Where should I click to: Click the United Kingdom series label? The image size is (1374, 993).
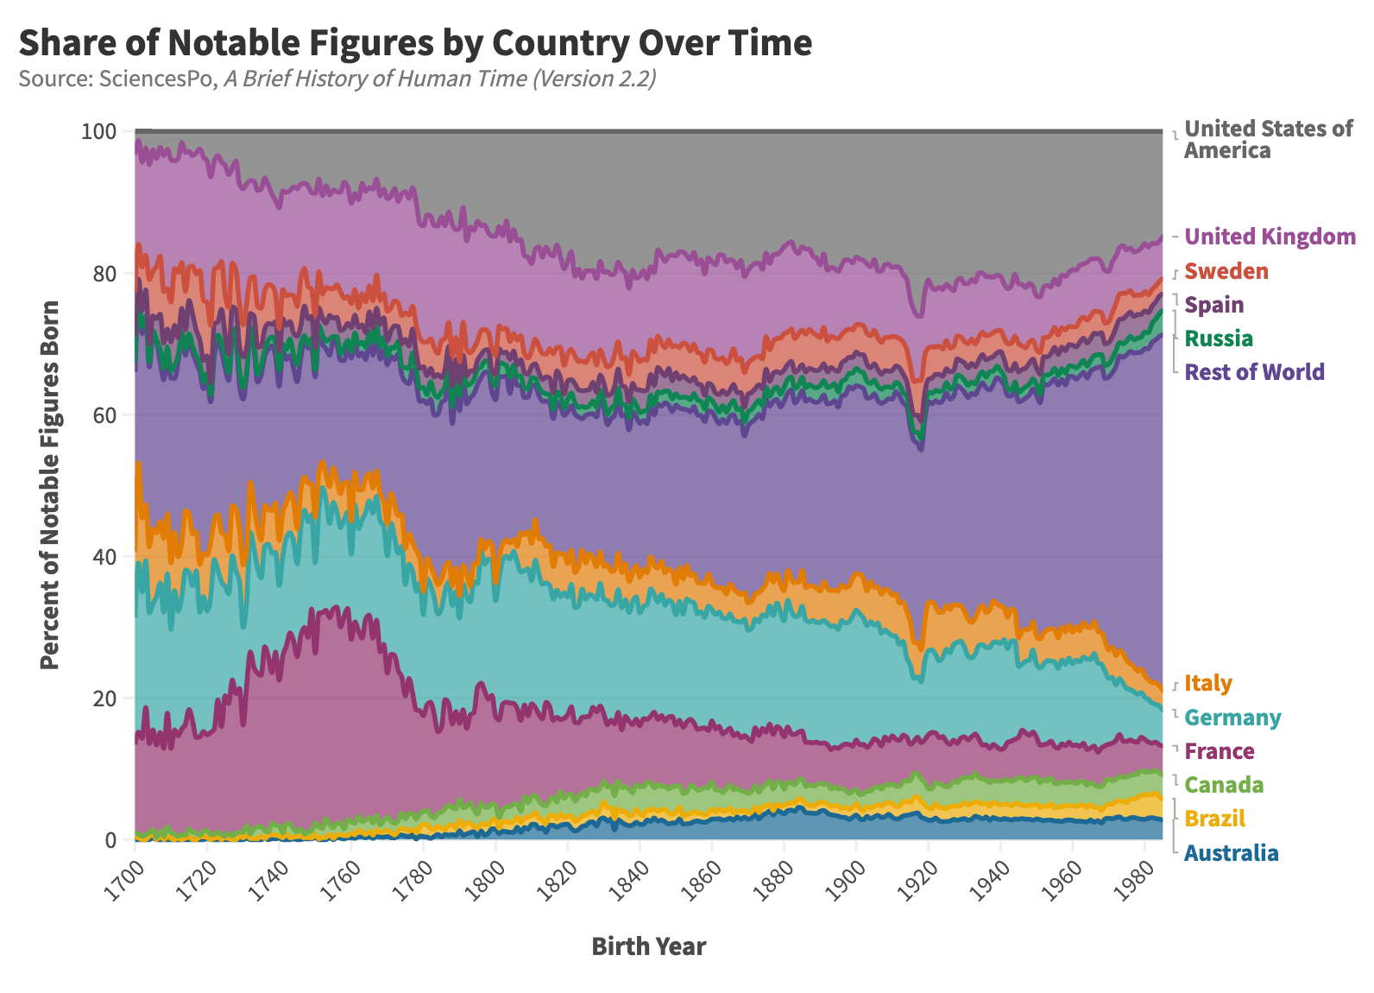[x=1270, y=237]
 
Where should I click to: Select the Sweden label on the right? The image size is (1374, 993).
[x=1226, y=271]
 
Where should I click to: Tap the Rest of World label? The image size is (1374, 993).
[x=1254, y=372]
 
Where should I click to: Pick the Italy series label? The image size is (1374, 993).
[x=1207, y=683]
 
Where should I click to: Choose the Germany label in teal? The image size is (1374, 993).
[x=1232, y=718]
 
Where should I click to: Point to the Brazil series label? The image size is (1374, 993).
[x=1214, y=819]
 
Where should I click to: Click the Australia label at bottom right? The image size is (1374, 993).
[x=1231, y=853]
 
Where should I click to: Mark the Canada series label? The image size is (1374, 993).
[x=1224, y=785]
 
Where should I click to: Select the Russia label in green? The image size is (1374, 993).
[x=1218, y=338]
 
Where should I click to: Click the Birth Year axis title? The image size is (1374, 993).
[x=648, y=946]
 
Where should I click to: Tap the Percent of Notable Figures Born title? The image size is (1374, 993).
[x=50, y=484]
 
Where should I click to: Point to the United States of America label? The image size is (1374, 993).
[x=1267, y=139]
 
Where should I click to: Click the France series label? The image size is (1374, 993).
[x=1219, y=751]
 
